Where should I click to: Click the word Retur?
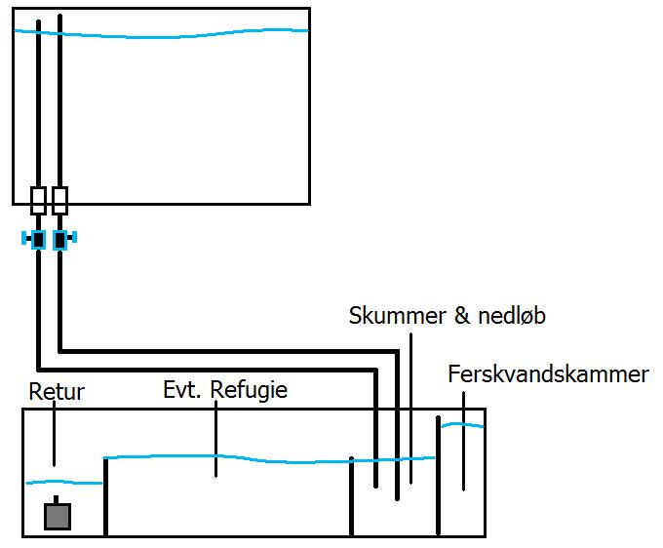57,393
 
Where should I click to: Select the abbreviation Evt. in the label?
182,391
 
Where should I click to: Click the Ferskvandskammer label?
548,374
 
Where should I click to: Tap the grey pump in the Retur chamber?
58,516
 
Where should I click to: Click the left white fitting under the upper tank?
38,201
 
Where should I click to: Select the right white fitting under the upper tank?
59,201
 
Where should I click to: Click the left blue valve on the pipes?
38,239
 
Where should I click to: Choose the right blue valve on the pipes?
60,239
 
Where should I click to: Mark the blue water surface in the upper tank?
161,35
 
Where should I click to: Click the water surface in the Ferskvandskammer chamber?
462,424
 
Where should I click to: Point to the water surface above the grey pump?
63,481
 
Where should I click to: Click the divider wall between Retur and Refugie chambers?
105,497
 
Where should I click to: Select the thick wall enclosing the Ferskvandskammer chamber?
439,478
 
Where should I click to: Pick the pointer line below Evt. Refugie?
216,439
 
